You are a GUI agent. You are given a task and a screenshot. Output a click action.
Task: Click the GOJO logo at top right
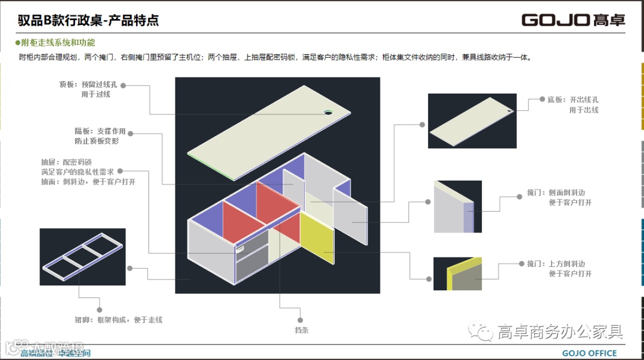[x=573, y=19]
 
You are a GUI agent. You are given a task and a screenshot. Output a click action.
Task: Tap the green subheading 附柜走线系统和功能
[x=57, y=43]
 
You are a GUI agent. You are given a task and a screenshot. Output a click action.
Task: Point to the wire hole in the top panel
[x=328, y=111]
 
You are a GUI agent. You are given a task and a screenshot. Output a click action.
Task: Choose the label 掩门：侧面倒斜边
[x=559, y=193]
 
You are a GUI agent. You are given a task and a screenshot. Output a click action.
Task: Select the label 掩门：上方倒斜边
[x=559, y=264]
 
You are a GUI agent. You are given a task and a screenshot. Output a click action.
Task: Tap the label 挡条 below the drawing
[x=301, y=330]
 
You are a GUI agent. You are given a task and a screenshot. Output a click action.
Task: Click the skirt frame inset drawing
[x=82, y=256]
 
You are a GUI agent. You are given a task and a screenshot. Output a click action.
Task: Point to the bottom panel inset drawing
[x=472, y=120]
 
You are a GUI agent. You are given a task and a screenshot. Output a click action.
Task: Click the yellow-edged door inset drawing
[x=457, y=274]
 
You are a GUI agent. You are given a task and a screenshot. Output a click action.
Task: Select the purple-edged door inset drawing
[x=457, y=206]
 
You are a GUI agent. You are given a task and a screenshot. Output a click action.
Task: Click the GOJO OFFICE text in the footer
[x=589, y=353]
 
